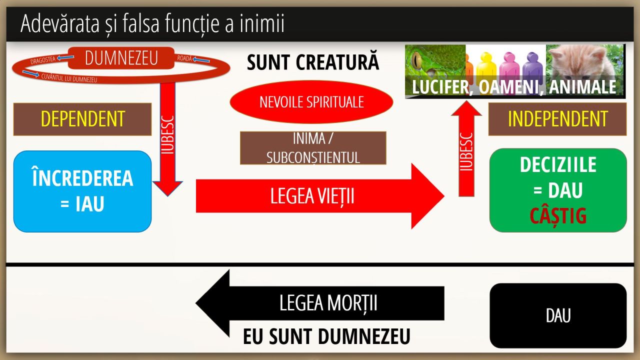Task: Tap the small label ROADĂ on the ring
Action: [x=184, y=58]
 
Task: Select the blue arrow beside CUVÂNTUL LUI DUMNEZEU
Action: [x=30, y=74]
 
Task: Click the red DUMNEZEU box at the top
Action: [x=121, y=58]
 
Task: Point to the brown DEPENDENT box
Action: [x=82, y=119]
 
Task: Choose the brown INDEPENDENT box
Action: [x=557, y=119]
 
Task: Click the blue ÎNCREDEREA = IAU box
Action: [x=82, y=191]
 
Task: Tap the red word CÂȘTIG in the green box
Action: [x=558, y=216]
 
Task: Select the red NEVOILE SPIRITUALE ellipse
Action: [x=311, y=102]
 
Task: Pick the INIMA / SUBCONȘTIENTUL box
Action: [x=313, y=148]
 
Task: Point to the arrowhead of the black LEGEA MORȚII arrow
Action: [x=213, y=303]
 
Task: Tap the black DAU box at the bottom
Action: [x=558, y=315]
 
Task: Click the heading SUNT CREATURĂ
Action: [x=313, y=63]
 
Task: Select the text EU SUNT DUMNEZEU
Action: [x=326, y=337]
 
